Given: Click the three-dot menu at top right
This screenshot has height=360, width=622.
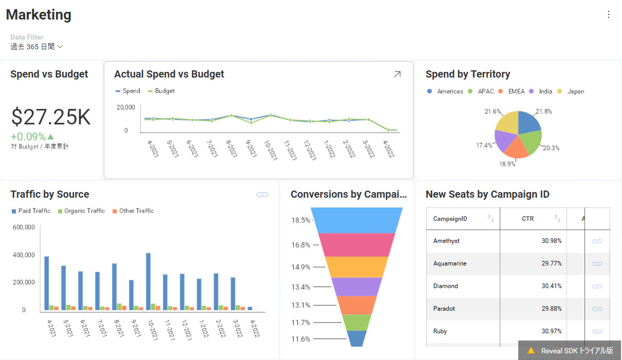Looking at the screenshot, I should pos(609,14).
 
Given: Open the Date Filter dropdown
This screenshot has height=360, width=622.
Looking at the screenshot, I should pos(36,47).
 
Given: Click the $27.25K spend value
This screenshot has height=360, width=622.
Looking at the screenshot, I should pos(51,118).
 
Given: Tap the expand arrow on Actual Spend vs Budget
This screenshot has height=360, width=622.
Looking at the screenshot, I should pos(397,74).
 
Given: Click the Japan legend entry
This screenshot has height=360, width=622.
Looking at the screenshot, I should pos(575,91).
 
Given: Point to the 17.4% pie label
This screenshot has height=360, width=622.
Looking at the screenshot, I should pos(484,145).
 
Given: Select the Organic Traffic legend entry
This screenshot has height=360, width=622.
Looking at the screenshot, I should pos(84,211).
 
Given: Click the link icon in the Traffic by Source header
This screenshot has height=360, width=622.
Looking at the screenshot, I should pos(262,195).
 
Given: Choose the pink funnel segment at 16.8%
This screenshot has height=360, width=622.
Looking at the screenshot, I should pos(356,245).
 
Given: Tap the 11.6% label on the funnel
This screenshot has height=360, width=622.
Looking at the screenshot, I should pos(301,339).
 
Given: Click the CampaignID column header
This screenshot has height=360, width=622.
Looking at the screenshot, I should pos(450,219).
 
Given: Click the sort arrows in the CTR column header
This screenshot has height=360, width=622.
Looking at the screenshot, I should pos(557,219).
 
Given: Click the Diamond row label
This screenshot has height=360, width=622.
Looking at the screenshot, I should pos(445,286).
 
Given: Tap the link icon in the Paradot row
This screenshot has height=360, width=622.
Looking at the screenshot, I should pos(597,309).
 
